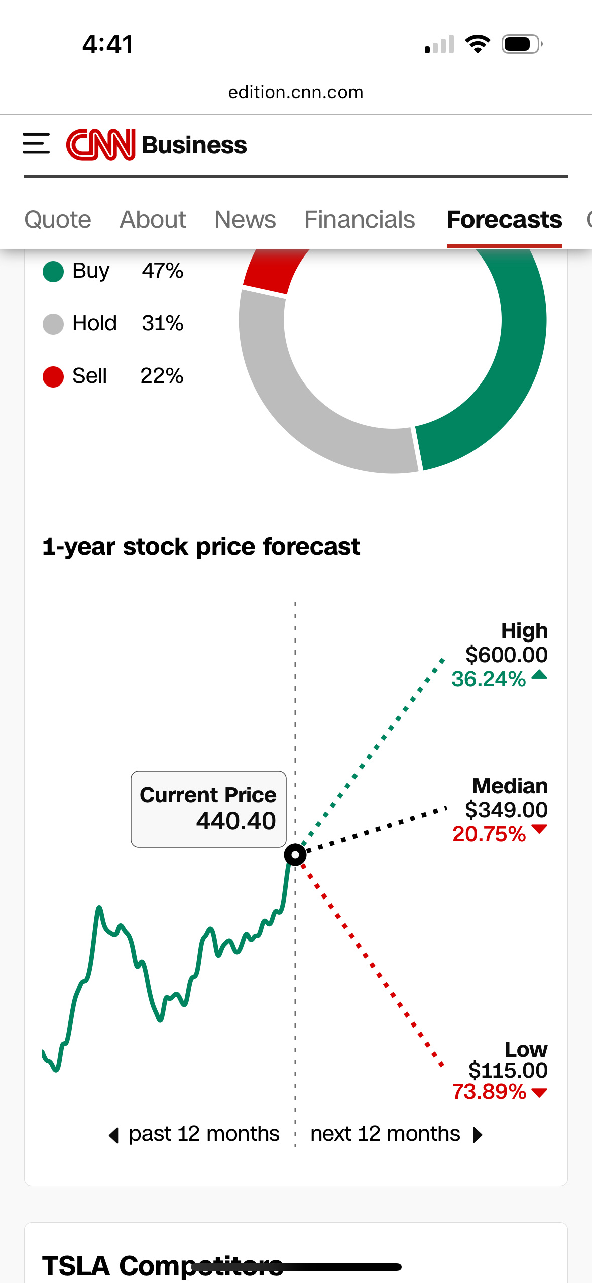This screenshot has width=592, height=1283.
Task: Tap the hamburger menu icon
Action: pos(36,144)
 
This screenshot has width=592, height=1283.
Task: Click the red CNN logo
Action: pos(101,145)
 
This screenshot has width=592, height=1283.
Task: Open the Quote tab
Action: pos(58,220)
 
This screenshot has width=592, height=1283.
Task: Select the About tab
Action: pos(153,220)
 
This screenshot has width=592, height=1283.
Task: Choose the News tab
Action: pos(245,220)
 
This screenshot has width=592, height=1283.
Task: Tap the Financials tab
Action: pos(360,220)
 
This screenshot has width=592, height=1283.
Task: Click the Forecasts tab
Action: pos(505,220)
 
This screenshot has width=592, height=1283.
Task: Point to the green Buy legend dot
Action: pos(53,272)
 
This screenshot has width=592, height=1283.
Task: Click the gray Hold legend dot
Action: pos(53,324)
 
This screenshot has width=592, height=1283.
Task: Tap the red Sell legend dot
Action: pos(53,377)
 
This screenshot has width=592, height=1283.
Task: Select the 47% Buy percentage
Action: pos(163,271)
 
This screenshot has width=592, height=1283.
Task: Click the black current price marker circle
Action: pos(295,854)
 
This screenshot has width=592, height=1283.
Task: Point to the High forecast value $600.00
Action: pos(506,655)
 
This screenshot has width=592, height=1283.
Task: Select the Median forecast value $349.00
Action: pos(506,810)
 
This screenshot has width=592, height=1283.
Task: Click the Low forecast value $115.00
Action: pos(508,1070)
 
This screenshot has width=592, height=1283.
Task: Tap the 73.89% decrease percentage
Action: pos(489,1092)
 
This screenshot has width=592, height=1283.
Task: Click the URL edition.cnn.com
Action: pos(296,92)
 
